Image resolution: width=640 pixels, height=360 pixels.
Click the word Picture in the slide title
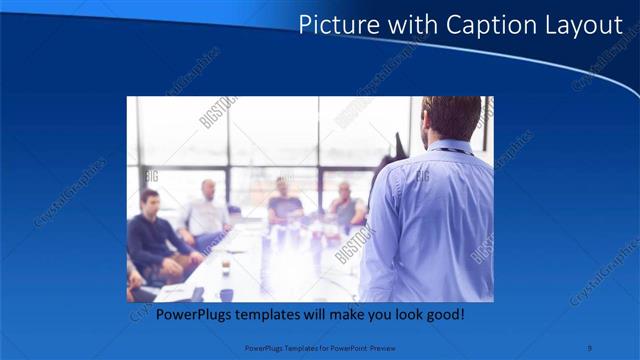click(x=335, y=25)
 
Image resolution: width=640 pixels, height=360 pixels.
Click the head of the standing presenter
click(x=451, y=117)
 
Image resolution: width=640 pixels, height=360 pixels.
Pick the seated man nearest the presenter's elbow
click(x=346, y=206)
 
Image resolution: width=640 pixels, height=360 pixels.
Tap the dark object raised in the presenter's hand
click(x=400, y=148)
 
